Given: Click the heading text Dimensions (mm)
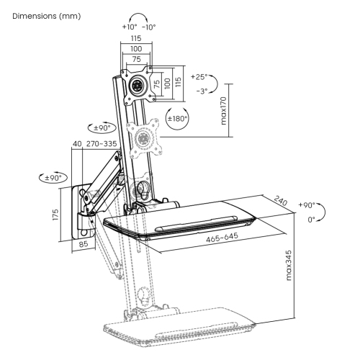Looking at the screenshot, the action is [x=47, y=16].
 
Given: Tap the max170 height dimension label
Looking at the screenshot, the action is [x=223, y=111].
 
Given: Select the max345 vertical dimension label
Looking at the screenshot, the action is [x=289, y=265].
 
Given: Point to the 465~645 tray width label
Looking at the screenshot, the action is [x=222, y=238].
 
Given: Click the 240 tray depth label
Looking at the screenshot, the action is [x=281, y=201].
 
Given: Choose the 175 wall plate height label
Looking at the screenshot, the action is [x=55, y=215].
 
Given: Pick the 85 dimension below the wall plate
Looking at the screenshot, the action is [x=84, y=244].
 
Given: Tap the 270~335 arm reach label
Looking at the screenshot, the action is [x=102, y=144].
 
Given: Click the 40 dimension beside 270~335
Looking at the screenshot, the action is [x=77, y=144].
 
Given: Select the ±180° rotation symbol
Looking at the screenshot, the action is [x=177, y=119].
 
